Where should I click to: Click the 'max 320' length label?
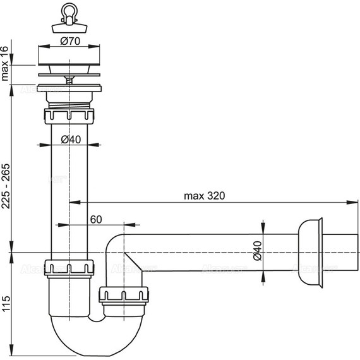point(204,195)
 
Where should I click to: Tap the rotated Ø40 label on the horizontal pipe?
point(257,251)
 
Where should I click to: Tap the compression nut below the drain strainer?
point(69,117)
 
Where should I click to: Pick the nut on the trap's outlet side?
point(124,295)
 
